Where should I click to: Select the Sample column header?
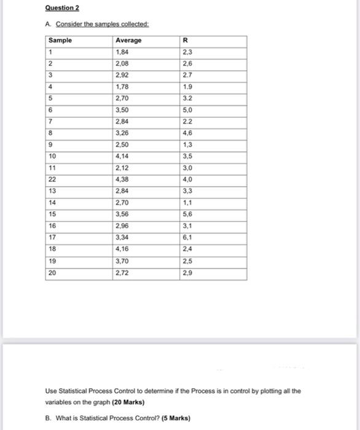(x=61, y=40)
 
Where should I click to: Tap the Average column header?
(x=128, y=40)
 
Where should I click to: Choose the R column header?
(x=186, y=40)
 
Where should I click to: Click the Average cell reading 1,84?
(x=123, y=52)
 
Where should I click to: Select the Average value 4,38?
(x=123, y=179)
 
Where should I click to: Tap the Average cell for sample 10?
(x=123, y=155)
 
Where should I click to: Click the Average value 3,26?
(x=123, y=132)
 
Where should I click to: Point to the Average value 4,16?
(x=123, y=249)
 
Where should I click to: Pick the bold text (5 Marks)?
(x=174, y=418)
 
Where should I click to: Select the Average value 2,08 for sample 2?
(x=123, y=63)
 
